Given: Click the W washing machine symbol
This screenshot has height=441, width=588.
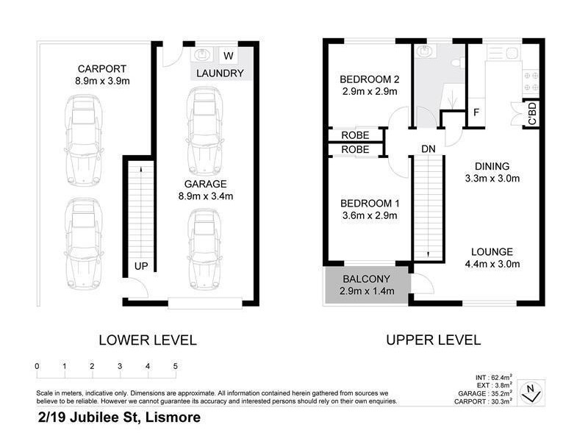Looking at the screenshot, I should click(x=228, y=55).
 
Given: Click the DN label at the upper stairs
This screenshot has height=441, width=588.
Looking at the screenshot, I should click(x=429, y=148).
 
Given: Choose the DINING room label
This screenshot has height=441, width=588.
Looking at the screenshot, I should click(x=492, y=166).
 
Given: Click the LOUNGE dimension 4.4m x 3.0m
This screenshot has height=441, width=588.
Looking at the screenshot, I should click(x=492, y=264).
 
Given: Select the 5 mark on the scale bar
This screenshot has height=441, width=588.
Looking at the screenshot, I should click(x=175, y=366).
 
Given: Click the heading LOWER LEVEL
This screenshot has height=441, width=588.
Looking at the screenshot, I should click(x=148, y=340).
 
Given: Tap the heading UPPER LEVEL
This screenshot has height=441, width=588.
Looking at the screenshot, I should click(x=433, y=340).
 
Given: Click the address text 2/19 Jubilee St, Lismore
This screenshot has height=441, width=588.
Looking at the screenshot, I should click(x=118, y=417).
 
